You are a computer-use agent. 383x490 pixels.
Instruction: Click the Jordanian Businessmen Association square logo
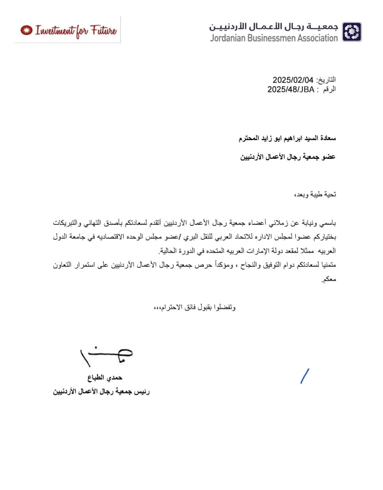352,32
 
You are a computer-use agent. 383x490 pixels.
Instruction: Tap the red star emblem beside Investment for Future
26,30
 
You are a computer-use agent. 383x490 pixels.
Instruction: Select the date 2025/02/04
293,80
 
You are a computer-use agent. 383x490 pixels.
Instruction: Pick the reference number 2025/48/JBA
291,90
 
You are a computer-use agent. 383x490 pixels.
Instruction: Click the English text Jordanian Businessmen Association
274,38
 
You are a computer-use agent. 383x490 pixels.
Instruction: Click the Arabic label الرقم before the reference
329,90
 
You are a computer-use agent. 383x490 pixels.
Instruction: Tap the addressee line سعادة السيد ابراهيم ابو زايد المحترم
287,138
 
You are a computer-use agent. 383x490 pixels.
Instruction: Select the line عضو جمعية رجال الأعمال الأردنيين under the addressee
288,157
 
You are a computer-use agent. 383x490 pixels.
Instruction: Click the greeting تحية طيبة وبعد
314,194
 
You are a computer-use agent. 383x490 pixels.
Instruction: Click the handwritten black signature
106,356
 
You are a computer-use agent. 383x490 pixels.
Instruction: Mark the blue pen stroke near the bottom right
305,376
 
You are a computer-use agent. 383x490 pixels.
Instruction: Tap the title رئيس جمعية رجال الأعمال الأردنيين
101,392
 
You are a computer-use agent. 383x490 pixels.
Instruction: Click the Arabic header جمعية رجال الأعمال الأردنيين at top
274,26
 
